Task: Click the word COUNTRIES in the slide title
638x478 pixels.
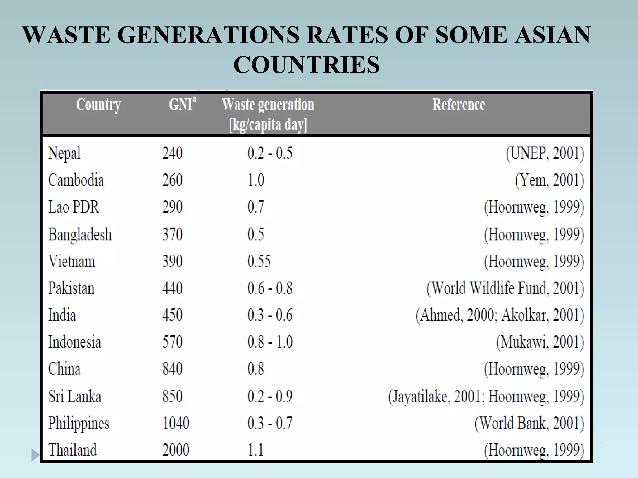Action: [306, 64]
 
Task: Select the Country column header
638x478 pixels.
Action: [98, 105]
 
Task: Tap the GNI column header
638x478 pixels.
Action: [183, 104]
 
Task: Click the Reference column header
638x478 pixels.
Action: [459, 105]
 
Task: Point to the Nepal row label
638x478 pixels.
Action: [64, 153]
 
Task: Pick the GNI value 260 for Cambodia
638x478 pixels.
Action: [172, 180]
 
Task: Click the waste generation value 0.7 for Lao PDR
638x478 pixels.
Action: [255, 207]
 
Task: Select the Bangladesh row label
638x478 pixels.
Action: [80, 234]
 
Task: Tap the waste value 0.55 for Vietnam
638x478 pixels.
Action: [259, 261]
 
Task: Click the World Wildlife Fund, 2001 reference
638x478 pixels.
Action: [505, 288]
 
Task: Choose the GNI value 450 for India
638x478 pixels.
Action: [172, 315]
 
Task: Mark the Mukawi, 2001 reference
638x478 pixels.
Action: [540, 342]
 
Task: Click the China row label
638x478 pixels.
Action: [64, 369]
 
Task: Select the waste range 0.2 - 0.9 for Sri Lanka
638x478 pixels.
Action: [270, 396]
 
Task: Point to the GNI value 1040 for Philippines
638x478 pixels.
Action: [176, 423]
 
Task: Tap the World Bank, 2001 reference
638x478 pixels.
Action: [529, 423]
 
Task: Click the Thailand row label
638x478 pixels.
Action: [73, 450]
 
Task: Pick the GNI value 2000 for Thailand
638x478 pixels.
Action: [176, 450]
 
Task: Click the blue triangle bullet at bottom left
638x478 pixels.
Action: [36, 455]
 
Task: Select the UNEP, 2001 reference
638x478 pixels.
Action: [545, 153]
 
